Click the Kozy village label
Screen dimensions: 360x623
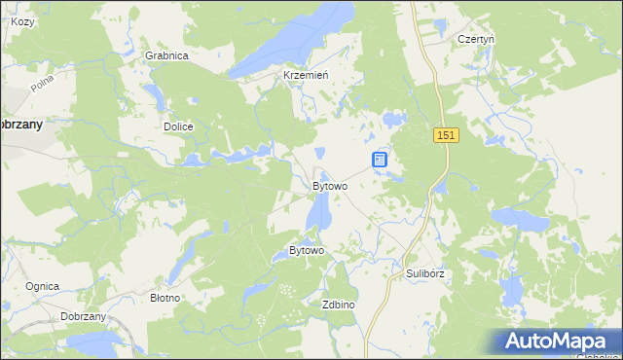[x=22, y=21]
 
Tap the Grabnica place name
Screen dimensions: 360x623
[x=166, y=55]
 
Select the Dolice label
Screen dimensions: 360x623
[x=178, y=126]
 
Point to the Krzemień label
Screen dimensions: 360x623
[x=305, y=75]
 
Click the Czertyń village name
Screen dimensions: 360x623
[x=477, y=39]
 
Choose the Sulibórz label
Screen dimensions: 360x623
[x=425, y=273]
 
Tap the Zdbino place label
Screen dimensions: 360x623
[x=338, y=305]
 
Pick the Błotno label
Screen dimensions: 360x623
[x=165, y=297]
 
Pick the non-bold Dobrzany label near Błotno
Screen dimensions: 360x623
[x=83, y=317]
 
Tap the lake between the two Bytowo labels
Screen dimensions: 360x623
[x=318, y=212]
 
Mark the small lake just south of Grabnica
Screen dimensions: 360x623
[x=155, y=94]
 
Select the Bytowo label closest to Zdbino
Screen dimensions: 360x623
[x=306, y=250]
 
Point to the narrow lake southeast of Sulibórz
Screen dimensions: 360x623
[x=509, y=289]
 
